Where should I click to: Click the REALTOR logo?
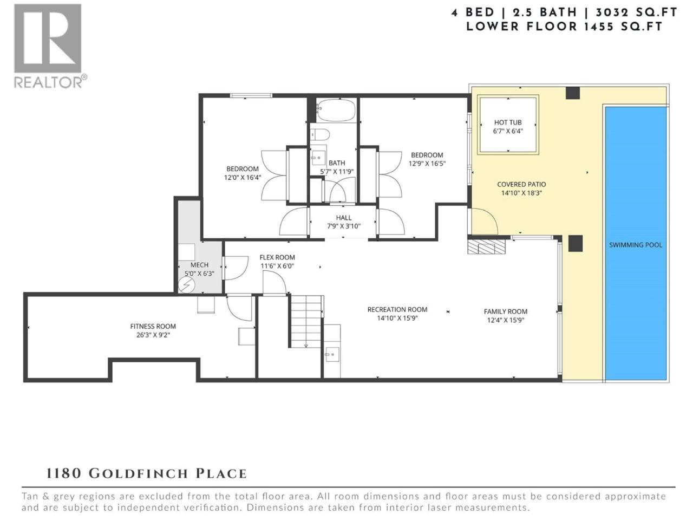click(x=50, y=46)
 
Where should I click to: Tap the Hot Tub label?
click(x=508, y=122)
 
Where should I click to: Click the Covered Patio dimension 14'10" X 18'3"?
click(x=521, y=193)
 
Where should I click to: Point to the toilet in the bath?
click(x=319, y=135)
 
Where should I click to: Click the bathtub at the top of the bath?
click(x=336, y=110)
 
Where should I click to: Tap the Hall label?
click(x=343, y=218)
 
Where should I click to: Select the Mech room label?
click(x=199, y=265)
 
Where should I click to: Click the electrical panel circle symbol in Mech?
click(x=187, y=285)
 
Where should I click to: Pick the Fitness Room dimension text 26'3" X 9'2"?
click(x=153, y=335)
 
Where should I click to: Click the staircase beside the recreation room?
click(x=306, y=321)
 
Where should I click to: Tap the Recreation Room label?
click(x=397, y=310)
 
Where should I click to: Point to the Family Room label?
click(x=506, y=311)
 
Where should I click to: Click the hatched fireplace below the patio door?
click(x=486, y=247)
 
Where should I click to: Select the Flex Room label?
click(x=277, y=257)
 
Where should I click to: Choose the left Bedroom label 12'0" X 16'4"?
click(x=243, y=173)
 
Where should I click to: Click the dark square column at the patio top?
click(x=572, y=93)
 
